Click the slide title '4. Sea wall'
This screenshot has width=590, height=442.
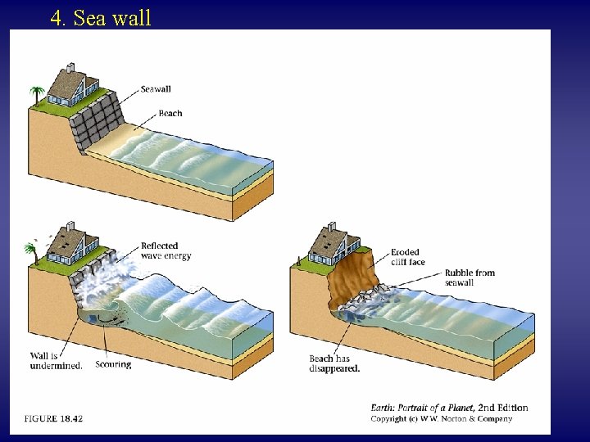pyautogui.click(x=101, y=18)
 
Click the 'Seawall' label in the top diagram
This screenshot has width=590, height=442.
pyautogui.click(x=156, y=89)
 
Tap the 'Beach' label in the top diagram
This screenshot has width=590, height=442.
pyautogui.click(x=170, y=114)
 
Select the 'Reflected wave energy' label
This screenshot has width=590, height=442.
pyautogui.click(x=166, y=250)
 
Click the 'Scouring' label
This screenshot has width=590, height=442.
pyautogui.click(x=113, y=364)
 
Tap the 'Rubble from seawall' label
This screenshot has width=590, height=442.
pyautogui.click(x=470, y=277)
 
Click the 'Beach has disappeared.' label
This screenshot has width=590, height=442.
pyautogui.click(x=335, y=363)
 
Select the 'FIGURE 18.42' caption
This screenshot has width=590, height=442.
pyautogui.click(x=53, y=418)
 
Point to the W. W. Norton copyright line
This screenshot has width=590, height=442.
pyautogui.click(x=442, y=418)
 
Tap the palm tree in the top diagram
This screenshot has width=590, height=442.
pyautogui.click(x=35, y=95)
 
